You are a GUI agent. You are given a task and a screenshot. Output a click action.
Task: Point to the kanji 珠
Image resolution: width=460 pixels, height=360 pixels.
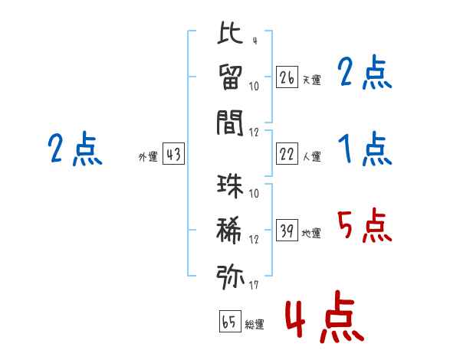click(x=230, y=186)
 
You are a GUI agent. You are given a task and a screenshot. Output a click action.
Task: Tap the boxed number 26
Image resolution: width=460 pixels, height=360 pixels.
click(x=287, y=77)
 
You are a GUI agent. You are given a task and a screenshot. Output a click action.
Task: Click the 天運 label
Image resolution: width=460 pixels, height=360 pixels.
click(x=311, y=79)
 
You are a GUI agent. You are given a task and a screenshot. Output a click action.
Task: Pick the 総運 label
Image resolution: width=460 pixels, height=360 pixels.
click(x=254, y=324)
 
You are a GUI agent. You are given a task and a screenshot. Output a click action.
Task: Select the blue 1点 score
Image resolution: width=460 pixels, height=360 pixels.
click(x=363, y=149)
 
